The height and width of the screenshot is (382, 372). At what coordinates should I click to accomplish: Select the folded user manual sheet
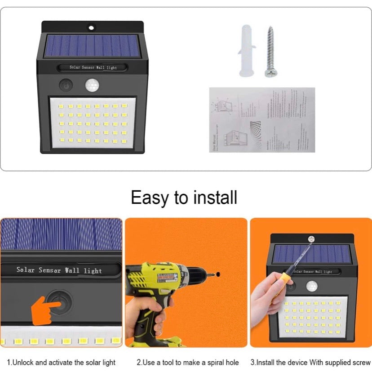[x=262, y=120]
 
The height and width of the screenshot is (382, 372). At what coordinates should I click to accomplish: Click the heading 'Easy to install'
[x=184, y=197]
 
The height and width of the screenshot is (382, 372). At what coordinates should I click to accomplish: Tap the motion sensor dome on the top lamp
[x=92, y=85]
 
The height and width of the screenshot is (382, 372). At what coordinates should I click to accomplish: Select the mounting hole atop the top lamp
[x=92, y=27]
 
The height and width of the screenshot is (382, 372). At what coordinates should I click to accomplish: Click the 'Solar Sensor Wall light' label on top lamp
[x=93, y=67]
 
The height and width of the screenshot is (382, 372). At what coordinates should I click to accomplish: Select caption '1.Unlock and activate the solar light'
[x=61, y=362]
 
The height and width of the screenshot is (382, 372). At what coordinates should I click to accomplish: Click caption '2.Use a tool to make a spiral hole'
[x=187, y=362]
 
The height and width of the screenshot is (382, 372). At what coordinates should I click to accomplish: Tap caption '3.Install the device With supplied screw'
[x=310, y=362]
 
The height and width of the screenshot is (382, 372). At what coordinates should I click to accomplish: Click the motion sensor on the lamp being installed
[x=311, y=286]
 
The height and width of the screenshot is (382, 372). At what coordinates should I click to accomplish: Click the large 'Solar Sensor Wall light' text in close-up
[x=59, y=270]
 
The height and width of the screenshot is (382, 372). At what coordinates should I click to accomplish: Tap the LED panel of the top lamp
[x=93, y=122]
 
